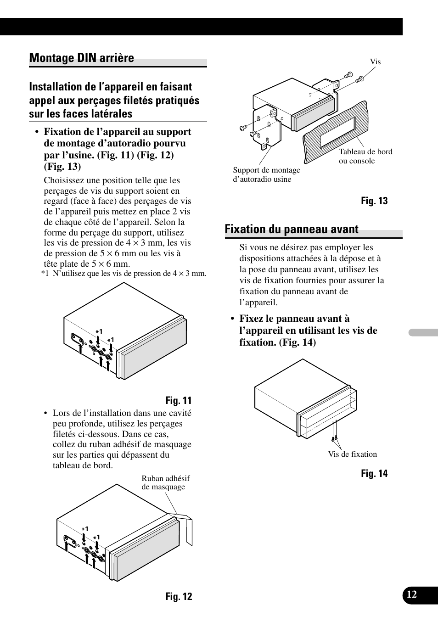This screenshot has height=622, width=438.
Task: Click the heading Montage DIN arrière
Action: coord(82,58)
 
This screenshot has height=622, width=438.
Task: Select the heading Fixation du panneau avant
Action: coord(292,230)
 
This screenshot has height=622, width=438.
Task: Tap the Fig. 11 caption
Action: coord(179,400)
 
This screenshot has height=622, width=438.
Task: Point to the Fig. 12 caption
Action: coord(179,596)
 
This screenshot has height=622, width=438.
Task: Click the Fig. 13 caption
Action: coord(374,201)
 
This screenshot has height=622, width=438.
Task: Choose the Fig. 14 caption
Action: coord(374,474)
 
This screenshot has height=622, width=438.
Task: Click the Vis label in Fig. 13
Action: coord(375,62)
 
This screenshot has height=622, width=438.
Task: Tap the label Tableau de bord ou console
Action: coord(365,156)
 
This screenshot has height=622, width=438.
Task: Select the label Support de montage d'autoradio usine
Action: coord(266,174)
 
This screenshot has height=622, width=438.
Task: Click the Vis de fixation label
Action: coord(352,454)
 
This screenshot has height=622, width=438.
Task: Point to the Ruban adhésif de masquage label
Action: coord(165,482)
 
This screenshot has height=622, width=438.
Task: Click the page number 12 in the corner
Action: coord(412,594)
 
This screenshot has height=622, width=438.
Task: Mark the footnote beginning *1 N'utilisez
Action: coord(124,274)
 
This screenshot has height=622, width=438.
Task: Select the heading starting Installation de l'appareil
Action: coord(114,101)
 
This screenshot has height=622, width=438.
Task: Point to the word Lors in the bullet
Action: coord(62,413)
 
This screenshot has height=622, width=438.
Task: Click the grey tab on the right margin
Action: coord(423,332)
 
